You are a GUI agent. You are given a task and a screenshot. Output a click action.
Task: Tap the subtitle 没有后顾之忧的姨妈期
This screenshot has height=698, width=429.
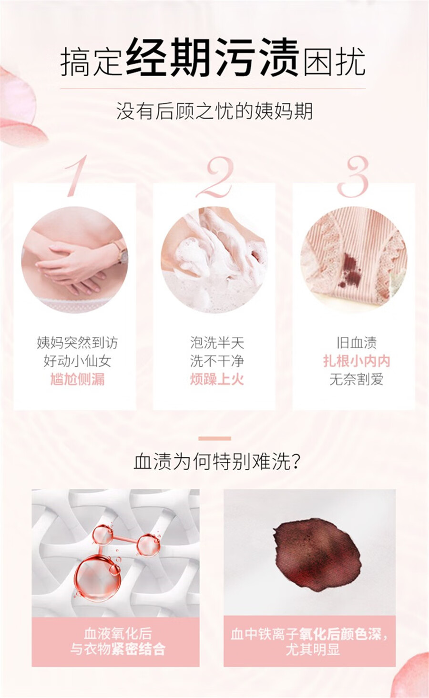pos(214,111)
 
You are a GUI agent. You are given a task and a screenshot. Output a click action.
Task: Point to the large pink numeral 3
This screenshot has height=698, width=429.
pos(353,177)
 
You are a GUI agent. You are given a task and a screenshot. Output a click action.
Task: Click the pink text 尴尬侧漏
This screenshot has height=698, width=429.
pos(77,380)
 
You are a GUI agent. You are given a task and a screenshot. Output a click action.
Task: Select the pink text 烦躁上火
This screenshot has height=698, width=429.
pos(217,380)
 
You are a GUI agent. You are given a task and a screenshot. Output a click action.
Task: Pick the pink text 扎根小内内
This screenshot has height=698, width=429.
pos(357,361)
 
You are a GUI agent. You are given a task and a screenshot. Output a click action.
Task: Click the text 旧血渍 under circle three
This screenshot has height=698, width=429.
pos(357,343)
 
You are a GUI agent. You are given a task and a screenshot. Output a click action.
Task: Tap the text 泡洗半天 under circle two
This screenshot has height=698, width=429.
pos(217,343)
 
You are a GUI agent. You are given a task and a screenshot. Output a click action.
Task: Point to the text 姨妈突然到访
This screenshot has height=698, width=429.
pos(77,343)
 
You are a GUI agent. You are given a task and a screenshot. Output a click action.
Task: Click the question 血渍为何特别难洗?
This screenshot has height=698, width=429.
pos(217,462)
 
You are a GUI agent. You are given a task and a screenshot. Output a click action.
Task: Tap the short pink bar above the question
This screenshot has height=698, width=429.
pos(215,438)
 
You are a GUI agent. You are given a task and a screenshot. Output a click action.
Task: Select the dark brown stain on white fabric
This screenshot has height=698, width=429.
pos(317,555)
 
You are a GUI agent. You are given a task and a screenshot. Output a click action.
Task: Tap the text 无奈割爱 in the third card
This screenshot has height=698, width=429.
pos(357,380)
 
